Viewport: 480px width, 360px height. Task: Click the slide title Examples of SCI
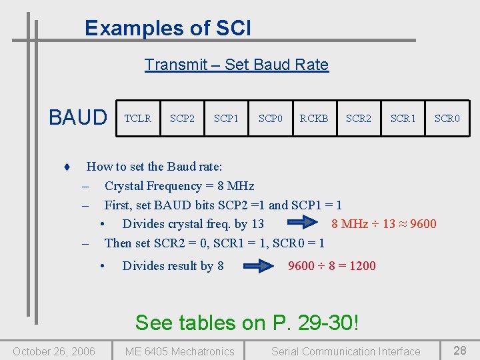[x=168, y=28]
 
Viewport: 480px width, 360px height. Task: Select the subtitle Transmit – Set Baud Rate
[x=237, y=65]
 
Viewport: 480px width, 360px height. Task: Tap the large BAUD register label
[x=78, y=118]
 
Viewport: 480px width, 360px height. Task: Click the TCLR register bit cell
[x=138, y=118]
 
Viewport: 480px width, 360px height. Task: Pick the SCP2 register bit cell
[x=182, y=118]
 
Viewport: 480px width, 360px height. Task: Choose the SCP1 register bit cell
[x=226, y=118]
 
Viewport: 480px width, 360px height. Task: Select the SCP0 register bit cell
[x=271, y=118]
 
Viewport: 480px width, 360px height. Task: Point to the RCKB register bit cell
[x=314, y=118]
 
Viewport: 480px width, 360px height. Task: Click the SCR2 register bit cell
[x=359, y=118]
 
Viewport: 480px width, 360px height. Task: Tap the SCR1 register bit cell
[x=403, y=118]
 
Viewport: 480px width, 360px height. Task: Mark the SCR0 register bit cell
[x=447, y=118]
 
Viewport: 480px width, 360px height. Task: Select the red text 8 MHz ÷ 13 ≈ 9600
[x=384, y=224]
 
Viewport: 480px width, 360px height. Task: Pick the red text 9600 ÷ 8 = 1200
[x=332, y=266]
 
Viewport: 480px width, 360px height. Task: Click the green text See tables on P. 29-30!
[x=247, y=323]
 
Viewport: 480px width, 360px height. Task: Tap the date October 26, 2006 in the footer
[x=54, y=351]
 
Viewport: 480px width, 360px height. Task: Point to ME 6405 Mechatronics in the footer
[x=180, y=351]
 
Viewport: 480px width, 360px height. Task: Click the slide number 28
[x=460, y=350]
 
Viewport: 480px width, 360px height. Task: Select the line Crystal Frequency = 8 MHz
[x=179, y=186]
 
